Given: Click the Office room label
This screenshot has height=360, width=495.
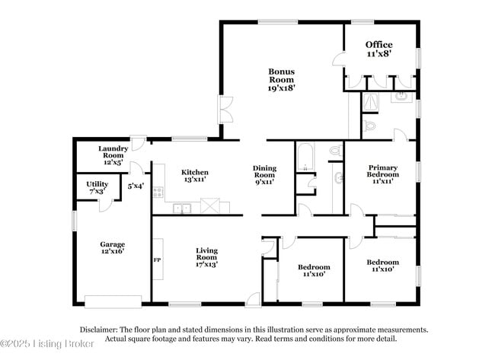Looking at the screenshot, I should tap(378, 44).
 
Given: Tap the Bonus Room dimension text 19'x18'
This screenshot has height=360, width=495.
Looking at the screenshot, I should tap(281, 88).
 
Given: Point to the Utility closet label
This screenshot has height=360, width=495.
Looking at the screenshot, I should tap(97, 184).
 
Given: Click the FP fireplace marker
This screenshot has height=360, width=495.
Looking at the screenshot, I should tap(158, 260).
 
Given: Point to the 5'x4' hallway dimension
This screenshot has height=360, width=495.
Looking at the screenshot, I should tap(136, 185).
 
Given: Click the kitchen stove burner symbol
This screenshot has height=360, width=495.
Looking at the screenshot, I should tap(158, 193).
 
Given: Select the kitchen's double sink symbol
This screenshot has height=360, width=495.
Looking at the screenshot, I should tap(181, 208).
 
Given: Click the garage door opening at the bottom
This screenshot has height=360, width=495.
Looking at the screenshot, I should tap(112, 299).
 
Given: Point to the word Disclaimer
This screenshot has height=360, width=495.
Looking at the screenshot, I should tap(98, 330).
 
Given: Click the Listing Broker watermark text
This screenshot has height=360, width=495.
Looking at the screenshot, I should tap(47, 345).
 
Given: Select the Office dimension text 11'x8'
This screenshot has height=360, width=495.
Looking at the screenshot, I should tap(378, 55).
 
